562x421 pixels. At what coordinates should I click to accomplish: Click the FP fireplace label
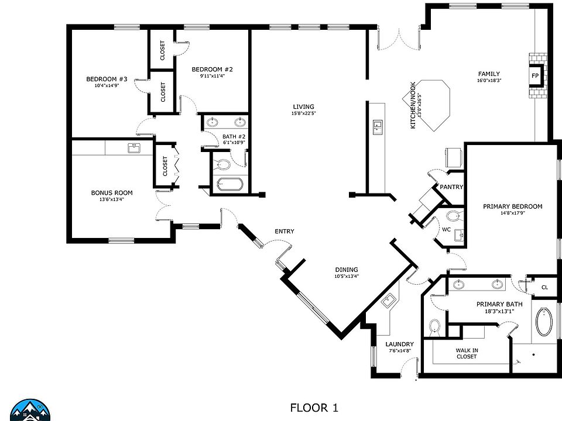pos(534,75)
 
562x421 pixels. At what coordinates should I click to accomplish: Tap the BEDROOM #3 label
pos(107,79)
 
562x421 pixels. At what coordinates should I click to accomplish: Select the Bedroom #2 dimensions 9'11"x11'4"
pos(213,76)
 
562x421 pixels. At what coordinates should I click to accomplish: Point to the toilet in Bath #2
pos(223,165)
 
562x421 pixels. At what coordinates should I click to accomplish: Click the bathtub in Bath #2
pos(229,184)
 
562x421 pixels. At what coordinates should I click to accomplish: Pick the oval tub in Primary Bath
pos(544,321)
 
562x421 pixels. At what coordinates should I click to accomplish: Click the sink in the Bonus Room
pos(135,148)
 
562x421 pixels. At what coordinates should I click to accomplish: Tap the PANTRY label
pos(451,187)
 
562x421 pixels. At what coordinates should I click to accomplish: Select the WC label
pos(446,229)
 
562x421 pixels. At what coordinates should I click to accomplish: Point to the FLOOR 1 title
pos(314,408)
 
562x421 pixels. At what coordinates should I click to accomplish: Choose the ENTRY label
pos(285,232)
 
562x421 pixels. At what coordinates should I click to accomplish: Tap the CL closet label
pos(544,287)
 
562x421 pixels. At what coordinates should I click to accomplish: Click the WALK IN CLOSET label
pos(467,353)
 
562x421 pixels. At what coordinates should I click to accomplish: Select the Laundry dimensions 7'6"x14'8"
pos(400,351)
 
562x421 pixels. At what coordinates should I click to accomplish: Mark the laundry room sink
pos(388,302)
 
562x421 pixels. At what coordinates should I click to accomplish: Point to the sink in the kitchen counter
pos(378,127)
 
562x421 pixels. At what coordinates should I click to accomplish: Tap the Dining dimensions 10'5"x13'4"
pos(347,276)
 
